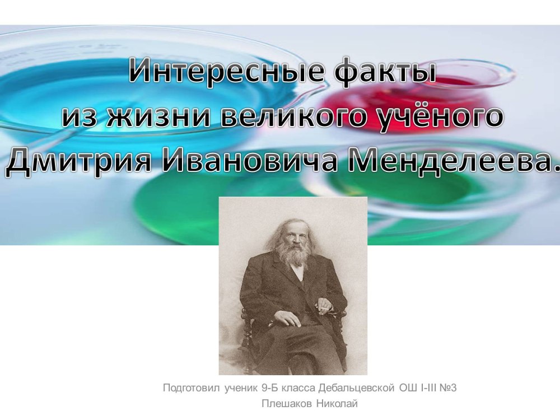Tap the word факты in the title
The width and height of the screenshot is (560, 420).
click(386, 72)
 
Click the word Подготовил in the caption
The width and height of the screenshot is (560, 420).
click(191, 388)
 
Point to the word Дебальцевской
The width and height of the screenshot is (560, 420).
click(356, 388)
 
